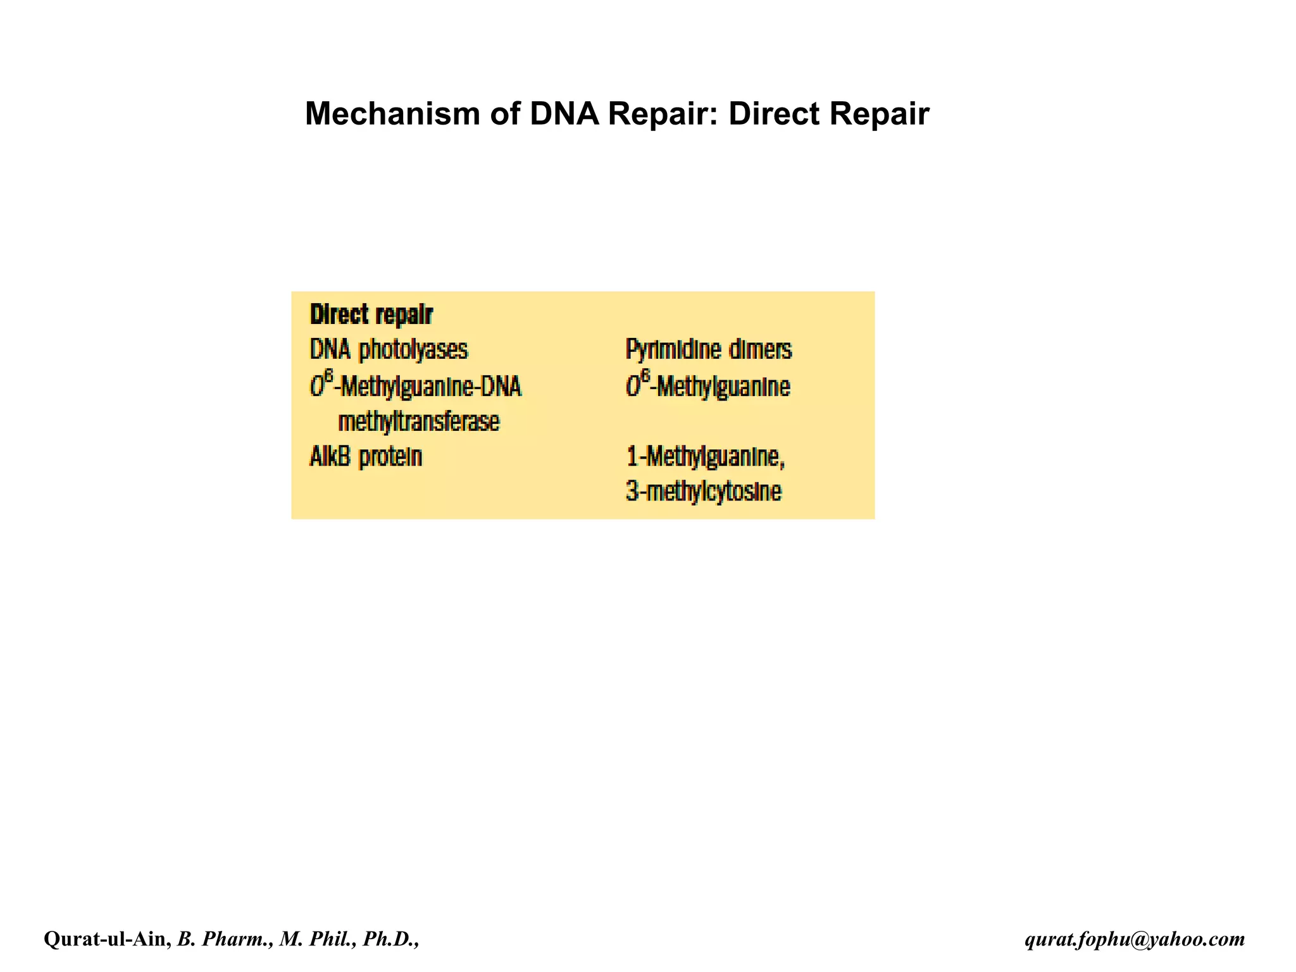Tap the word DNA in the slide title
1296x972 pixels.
click(564, 114)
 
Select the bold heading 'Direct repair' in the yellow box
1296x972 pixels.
click(371, 315)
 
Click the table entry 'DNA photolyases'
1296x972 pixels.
click(389, 350)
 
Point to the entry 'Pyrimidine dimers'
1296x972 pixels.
click(708, 350)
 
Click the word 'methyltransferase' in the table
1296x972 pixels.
click(419, 421)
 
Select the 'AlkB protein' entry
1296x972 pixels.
click(366, 456)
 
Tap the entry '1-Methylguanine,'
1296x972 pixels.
click(705, 456)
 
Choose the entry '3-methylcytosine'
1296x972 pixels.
click(703, 492)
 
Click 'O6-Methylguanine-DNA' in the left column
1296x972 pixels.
click(416, 385)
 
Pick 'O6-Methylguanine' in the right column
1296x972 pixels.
click(707, 385)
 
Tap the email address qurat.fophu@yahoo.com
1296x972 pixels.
click(1135, 939)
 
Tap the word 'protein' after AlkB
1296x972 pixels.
click(390, 457)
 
